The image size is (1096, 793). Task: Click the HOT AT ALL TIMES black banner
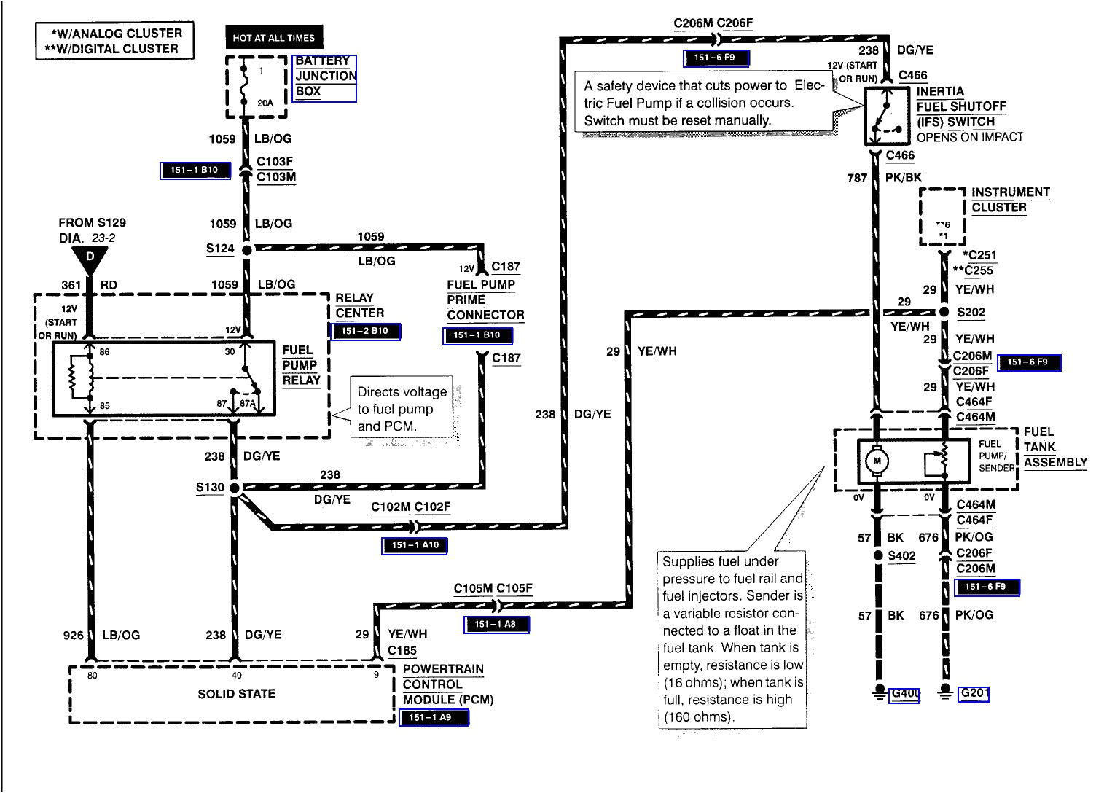coord(274,38)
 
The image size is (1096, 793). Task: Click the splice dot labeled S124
coord(246,249)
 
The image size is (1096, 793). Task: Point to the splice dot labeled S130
coord(235,488)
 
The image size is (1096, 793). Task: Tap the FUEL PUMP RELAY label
coord(301,365)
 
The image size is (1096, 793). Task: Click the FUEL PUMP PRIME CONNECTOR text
coord(485,300)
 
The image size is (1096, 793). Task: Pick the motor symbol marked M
coord(877,461)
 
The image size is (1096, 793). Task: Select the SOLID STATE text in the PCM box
coord(236,694)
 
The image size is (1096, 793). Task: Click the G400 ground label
coord(904,694)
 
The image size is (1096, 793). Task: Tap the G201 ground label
coord(974,693)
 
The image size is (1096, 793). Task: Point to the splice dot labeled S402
coord(878,555)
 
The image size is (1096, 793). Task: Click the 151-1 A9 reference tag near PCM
coord(434,717)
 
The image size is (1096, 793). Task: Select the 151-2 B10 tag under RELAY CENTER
coord(366,332)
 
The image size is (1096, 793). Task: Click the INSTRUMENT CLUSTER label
coord(1009,200)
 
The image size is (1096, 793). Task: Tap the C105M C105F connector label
coord(493,588)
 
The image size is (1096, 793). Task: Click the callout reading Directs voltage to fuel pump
coord(401,409)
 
